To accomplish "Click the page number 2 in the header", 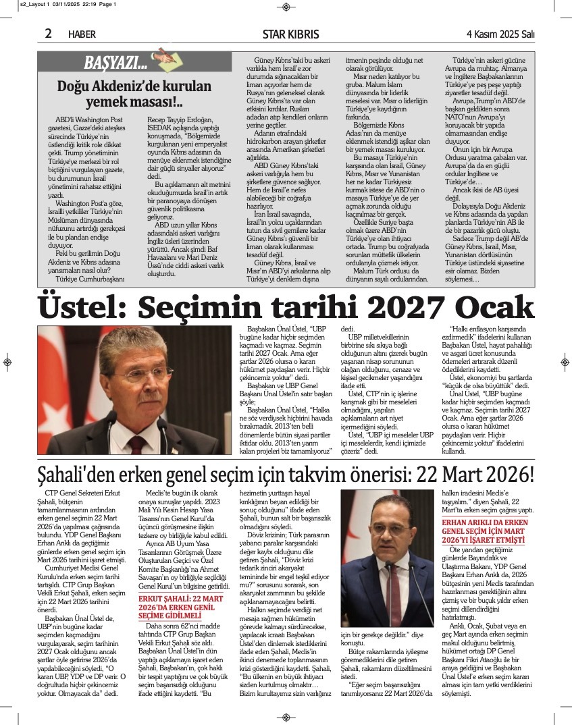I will (x=49, y=33).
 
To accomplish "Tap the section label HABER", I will (x=82, y=34).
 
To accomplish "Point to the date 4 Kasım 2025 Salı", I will (x=500, y=34).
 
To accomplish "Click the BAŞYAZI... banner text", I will (x=115, y=63).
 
